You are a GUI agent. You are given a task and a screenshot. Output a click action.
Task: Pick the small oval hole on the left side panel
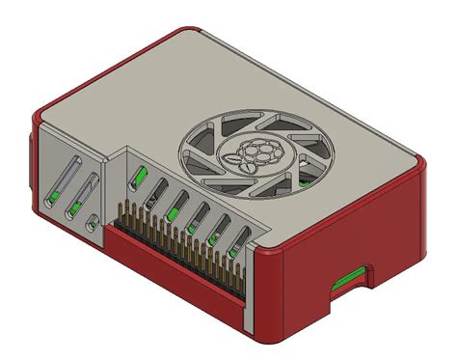point(92,224)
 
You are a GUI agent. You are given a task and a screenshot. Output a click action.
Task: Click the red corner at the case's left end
point(35,125)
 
